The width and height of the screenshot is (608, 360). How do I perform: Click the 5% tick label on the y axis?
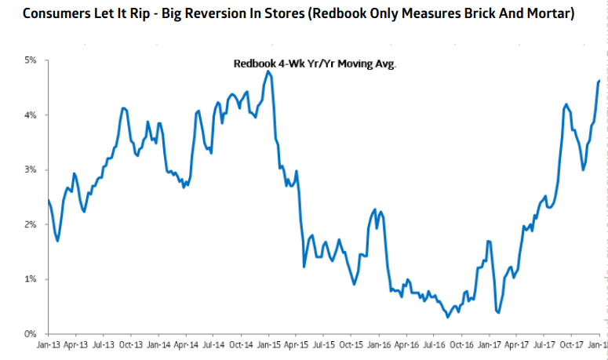pyautogui.click(x=30, y=60)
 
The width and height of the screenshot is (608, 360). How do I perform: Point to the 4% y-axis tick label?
pyautogui.click(x=30, y=115)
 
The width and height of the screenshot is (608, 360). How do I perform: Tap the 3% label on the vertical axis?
pyautogui.click(x=30, y=169)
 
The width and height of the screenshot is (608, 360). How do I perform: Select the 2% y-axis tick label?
pyautogui.click(x=30, y=224)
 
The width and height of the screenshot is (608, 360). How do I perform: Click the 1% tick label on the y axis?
pyautogui.click(x=30, y=279)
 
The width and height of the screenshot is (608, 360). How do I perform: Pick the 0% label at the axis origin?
pyautogui.click(x=30, y=334)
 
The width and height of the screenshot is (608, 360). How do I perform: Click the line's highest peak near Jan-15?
pyautogui.click(x=268, y=71)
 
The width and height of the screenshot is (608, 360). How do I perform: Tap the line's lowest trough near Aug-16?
pyautogui.click(x=447, y=317)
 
